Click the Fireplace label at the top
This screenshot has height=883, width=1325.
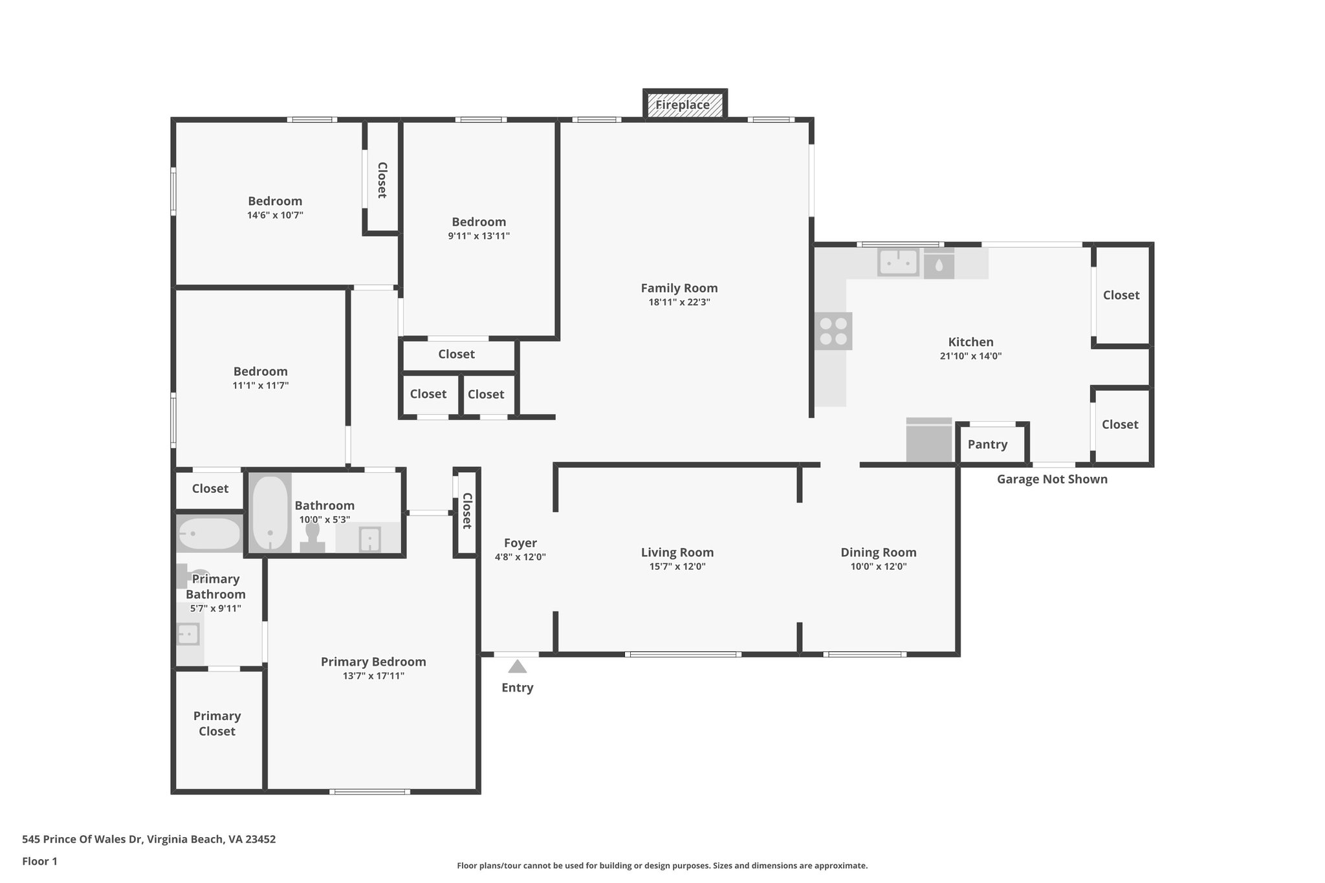(683, 105)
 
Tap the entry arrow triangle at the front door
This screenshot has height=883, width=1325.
(517, 666)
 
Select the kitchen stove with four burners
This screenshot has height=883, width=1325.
(833, 331)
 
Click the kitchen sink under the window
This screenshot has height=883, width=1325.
(898, 263)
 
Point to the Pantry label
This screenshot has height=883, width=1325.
(987, 444)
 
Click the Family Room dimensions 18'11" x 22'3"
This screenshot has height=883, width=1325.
(679, 302)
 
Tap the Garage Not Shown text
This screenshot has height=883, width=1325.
(1052, 479)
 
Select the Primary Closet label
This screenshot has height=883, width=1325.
(217, 723)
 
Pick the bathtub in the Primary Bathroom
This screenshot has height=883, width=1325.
(209, 534)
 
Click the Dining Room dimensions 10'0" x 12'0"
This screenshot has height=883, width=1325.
(878, 567)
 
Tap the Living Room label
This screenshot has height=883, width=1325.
(677, 552)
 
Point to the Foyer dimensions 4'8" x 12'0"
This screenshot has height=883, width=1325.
(520, 557)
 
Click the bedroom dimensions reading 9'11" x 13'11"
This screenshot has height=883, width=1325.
(479, 236)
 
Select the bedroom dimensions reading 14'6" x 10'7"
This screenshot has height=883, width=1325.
(275, 215)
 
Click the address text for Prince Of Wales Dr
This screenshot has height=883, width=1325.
(149, 839)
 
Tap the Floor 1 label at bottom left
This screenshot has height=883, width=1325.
(39, 861)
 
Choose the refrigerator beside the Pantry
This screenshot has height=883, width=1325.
(929, 441)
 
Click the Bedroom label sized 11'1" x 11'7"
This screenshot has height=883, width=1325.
(260, 371)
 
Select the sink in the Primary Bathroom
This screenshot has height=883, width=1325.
(188, 634)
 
